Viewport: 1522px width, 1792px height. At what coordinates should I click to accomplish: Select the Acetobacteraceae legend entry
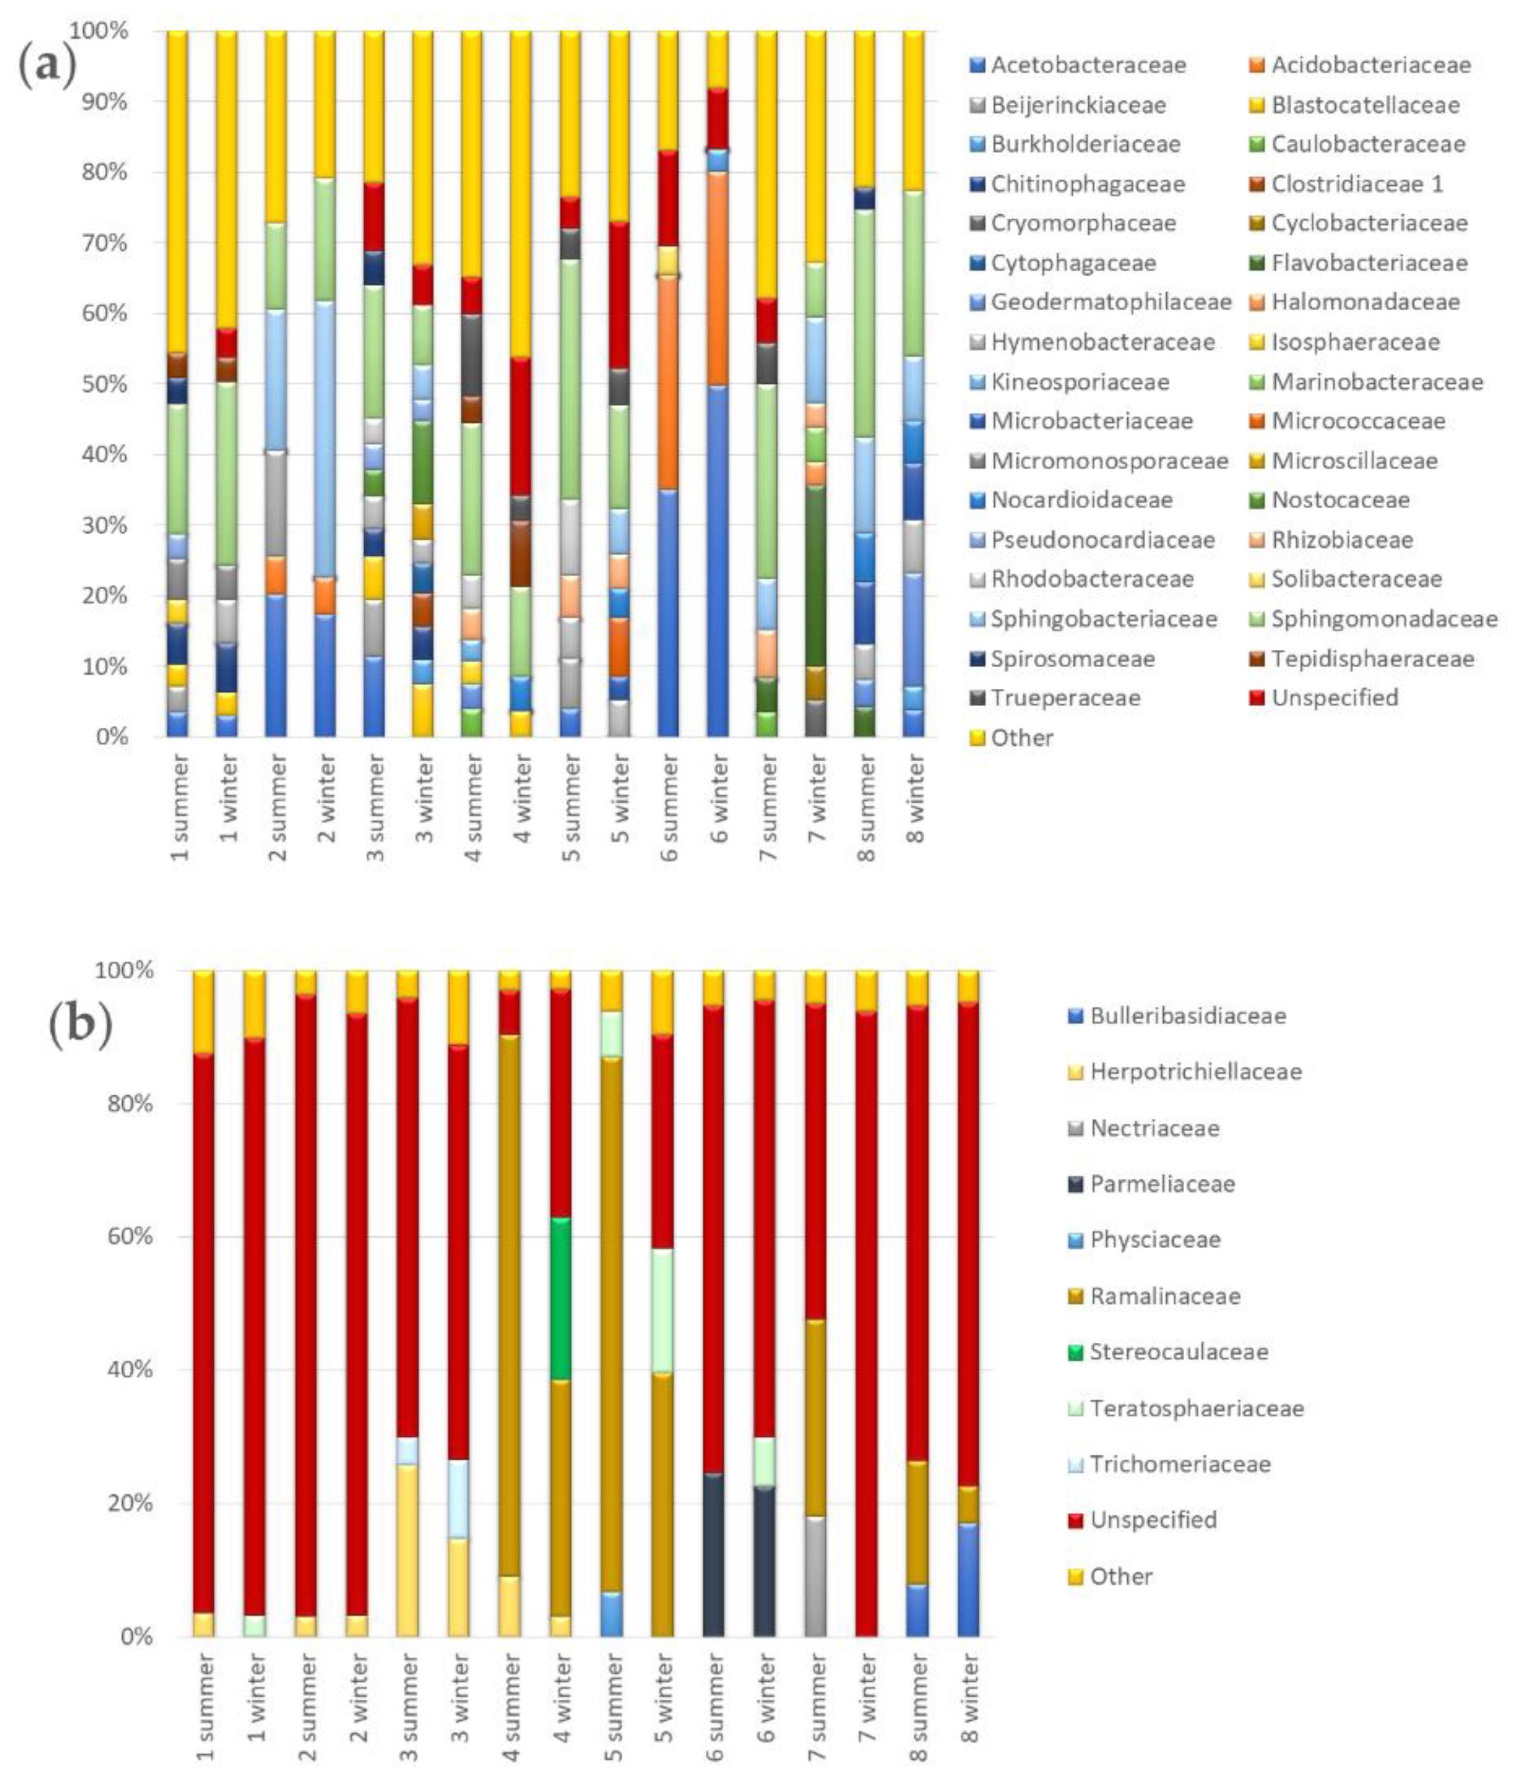click(x=1088, y=65)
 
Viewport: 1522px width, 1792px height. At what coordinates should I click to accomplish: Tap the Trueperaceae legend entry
click(x=1065, y=697)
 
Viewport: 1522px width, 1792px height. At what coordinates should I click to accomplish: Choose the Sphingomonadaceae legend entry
click(x=1383, y=619)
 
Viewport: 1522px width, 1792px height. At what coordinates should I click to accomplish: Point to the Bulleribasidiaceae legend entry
click(x=1187, y=1016)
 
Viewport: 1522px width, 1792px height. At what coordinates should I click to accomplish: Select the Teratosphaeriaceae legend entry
click(x=1196, y=1408)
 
